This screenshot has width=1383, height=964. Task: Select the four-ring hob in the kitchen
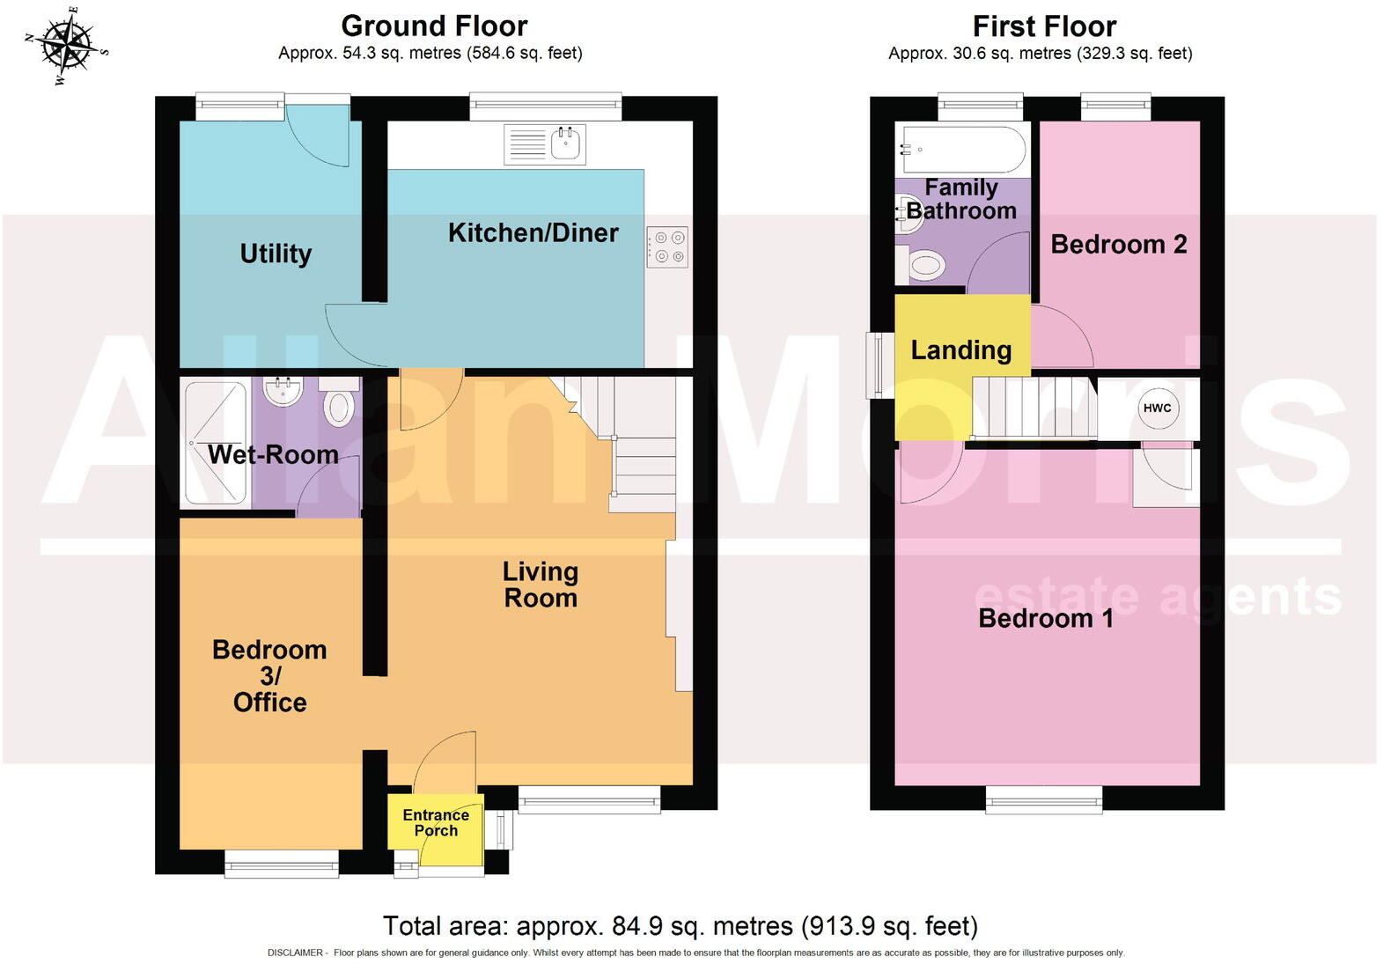click(667, 247)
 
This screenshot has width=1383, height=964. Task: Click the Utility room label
click(276, 254)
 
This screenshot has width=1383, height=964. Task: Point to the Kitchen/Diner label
click(533, 232)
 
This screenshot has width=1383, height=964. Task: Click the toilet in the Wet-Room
click(339, 405)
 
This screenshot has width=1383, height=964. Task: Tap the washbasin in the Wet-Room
click(283, 390)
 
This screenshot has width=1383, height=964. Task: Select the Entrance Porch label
click(436, 822)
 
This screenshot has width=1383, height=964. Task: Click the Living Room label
click(540, 585)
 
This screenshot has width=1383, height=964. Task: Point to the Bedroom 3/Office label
click(269, 675)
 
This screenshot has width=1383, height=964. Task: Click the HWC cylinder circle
click(1157, 408)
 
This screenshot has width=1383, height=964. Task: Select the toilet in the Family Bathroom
click(924, 264)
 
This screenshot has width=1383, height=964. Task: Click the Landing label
click(960, 350)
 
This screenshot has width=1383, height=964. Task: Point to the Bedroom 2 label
click(1118, 244)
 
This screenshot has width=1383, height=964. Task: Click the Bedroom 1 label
click(1046, 618)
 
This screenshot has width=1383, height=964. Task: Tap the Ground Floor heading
click(434, 26)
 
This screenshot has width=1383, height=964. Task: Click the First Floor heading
click(1044, 26)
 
